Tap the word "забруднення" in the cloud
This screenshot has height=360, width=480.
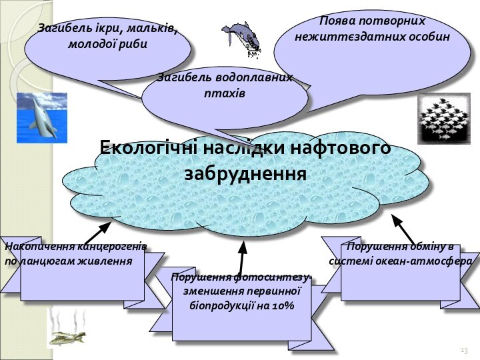pos(245,173)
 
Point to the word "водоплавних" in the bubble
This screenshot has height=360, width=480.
pos(253,78)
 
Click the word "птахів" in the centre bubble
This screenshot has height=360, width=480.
pos(225,93)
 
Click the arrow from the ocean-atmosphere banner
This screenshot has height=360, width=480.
pos(404,227)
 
